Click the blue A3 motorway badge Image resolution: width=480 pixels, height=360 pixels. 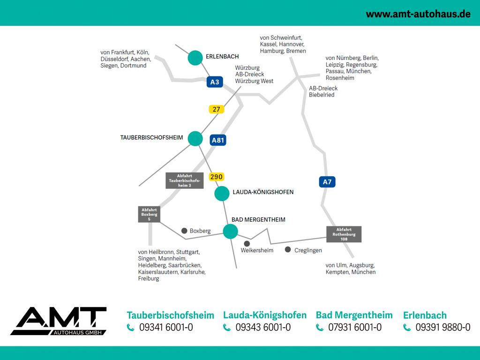tap(214, 82)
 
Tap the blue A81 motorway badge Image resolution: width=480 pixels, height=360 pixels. tap(218, 140)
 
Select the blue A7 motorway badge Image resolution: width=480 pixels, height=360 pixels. tap(327, 181)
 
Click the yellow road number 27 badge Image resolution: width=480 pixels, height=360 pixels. tap(216, 109)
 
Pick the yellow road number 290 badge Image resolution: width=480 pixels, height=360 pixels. tap(216, 177)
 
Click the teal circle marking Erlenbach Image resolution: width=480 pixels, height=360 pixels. tap(195, 58)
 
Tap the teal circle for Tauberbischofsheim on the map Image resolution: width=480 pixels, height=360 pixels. tap(195, 138)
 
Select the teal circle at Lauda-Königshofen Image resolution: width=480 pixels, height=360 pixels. tap(222, 193)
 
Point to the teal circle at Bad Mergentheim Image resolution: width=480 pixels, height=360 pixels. tap(230, 231)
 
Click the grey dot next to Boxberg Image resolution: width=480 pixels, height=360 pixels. tap(184, 231)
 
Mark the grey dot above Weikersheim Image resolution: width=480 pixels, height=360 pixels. tap(247, 243)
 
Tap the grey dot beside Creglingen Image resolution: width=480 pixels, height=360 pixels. tap(288, 249)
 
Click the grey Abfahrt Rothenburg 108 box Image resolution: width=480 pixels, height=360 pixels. tap(344, 234)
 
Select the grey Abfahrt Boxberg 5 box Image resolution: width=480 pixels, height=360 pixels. tap(149, 214)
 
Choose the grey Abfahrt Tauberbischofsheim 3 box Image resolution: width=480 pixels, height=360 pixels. tap(185, 180)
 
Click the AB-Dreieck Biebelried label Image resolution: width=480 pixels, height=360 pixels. tap(323, 91)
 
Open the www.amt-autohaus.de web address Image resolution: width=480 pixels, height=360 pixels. tap(418, 14)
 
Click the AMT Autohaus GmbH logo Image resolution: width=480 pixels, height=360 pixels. tap(59, 321)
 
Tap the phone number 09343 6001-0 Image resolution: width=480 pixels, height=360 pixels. tap(263, 328)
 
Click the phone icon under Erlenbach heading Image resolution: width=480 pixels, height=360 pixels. tap(407, 328)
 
